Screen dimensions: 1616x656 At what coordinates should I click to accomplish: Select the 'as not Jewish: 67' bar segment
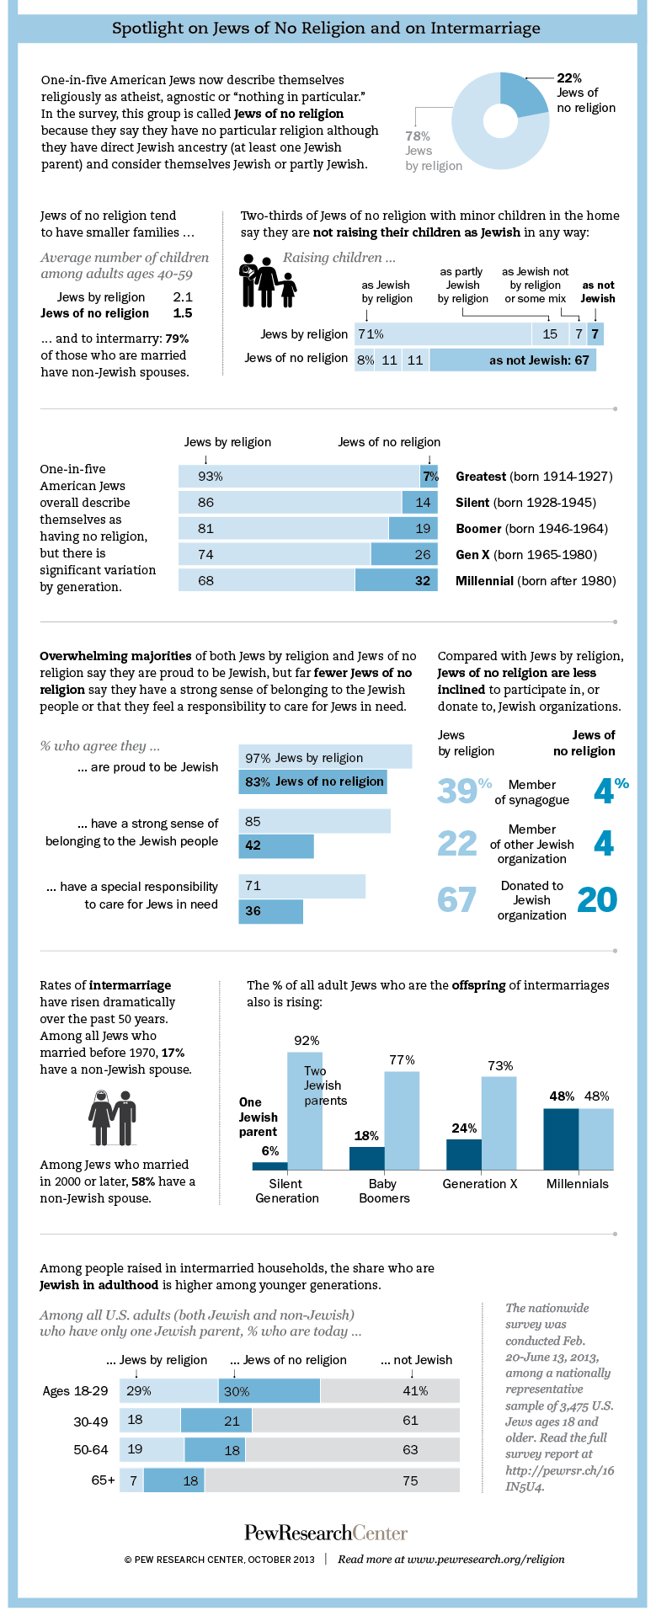[x=512, y=360]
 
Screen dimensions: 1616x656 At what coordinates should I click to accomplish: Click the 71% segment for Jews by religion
[x=442, y=334]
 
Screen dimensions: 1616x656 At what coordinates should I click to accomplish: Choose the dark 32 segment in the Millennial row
[x=396, y=580]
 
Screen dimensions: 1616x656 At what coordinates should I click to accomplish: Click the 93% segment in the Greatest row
[x=299, y=477]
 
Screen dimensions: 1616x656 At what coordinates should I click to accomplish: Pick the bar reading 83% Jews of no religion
[x=312, y=781]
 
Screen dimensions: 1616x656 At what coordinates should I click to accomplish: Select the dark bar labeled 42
[x=276, y=845]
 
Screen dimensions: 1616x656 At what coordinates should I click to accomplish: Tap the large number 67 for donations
[x=456, y=899]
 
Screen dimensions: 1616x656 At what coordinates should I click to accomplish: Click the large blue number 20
[x=597, y=899]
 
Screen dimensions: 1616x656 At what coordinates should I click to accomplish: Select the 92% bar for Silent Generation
[x=305, y=1111]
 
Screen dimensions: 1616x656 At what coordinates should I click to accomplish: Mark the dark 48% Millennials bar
[x=561, y=1139]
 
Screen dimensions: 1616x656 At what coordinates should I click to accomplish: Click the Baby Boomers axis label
[x=384, y=1191]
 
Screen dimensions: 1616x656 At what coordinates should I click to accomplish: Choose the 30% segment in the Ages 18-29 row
[x=269, y=1391]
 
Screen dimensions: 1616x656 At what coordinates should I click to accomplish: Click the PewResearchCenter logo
[x=326, y=1532]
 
